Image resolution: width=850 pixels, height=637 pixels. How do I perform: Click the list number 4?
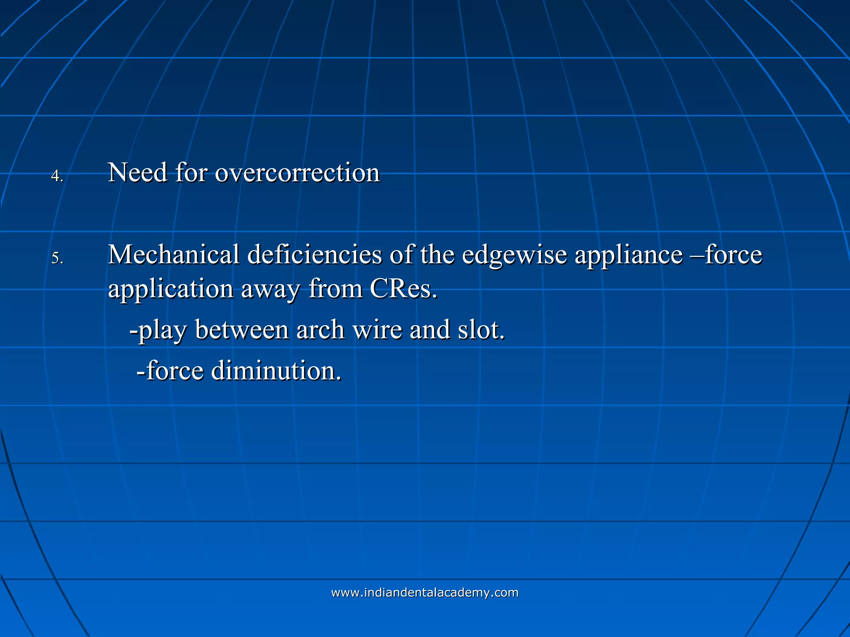[x=56, y=177]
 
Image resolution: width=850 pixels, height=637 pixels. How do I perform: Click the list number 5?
[x=56, y=259]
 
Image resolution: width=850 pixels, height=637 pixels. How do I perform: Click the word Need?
[x=137, y=173]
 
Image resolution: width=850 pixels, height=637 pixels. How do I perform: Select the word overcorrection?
[x=297, y=173]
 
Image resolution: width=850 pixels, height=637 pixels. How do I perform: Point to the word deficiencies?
[x=315, y=255]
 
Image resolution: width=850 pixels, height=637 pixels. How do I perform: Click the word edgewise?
[x=514, y=255]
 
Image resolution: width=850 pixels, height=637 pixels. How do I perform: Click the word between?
[x=242, y=330]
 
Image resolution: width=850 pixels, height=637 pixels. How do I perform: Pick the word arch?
[x=320, y=330]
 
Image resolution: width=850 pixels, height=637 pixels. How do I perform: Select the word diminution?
[x=276, y=371]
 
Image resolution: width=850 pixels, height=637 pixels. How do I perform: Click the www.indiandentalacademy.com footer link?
[x=425, y=593]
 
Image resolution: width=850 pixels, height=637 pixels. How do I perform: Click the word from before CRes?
[x=335, y=289]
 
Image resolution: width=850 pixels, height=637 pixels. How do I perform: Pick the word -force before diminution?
[x=170, y=371]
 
